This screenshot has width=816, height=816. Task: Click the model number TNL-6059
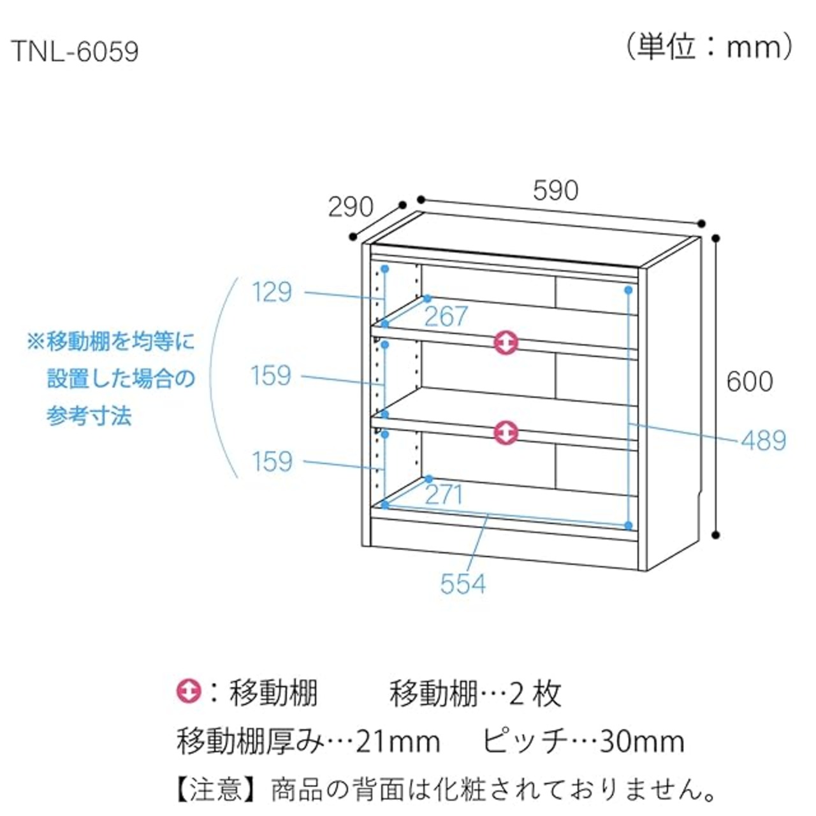(75, 52)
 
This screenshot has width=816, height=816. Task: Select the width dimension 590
(555, 190)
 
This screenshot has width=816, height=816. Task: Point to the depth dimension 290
(350, 207)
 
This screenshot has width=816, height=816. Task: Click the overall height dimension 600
(750, 381)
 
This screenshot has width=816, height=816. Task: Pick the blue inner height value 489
(763, 441)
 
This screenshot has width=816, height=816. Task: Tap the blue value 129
(272, 293)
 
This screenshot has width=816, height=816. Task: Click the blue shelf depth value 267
(446, 316)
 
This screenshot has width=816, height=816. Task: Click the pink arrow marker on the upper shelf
(506, 342)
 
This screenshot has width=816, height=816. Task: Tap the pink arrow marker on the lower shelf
(506, 432)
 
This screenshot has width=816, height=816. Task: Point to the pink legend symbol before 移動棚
(189, 692)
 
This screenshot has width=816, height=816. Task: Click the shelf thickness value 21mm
(398, 741)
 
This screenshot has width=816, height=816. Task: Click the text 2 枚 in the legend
(535, 693)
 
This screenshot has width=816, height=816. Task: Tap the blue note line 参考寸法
(89, 416)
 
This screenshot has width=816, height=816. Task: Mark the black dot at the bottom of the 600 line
(716, 534)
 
